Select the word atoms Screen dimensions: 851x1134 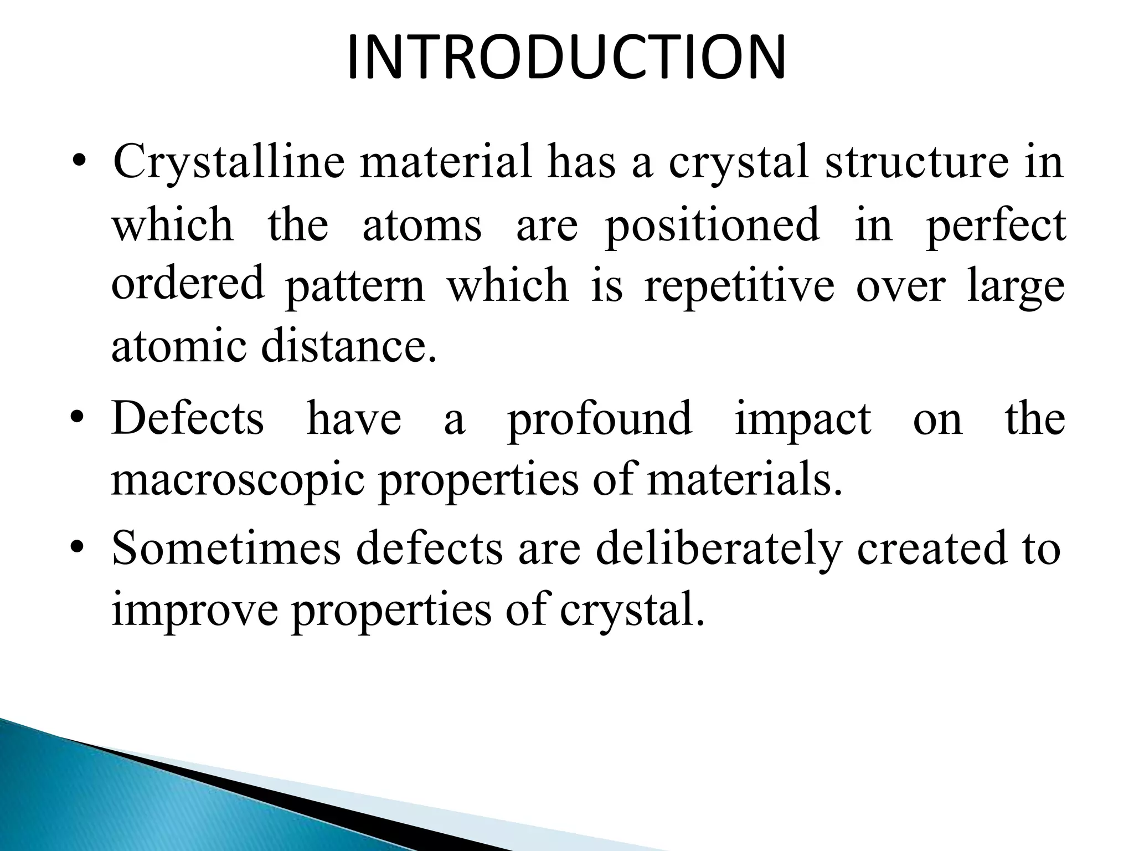(x=422, y=225)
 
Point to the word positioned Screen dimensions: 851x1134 (x=712, y=226)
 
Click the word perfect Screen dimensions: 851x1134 (x=996, y=226)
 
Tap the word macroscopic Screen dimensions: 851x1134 (x=238, y=480)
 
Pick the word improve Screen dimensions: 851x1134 (x=194, y=610)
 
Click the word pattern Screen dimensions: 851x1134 (x=354, y=287)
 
